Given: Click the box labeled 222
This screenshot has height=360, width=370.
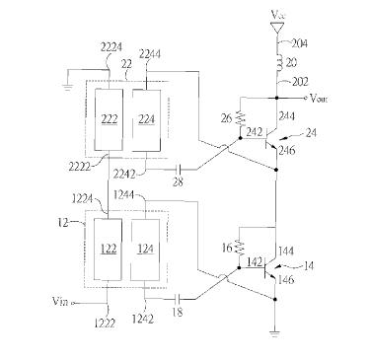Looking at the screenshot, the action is (x=109, y=119).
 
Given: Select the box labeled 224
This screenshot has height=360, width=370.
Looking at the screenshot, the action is (x=146, y=120).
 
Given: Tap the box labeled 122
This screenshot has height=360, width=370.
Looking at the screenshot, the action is (x=108, y=250).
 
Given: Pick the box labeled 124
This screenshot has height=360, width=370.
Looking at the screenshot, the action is (x=145, y=250).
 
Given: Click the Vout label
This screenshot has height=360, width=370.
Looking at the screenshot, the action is (x=319, y=99).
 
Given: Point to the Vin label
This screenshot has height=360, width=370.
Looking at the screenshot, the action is (x=60, y=301).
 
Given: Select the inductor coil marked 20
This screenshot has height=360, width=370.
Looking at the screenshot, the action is (x=279, y=63).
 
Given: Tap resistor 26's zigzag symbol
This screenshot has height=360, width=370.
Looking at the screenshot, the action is (x=241, y=118).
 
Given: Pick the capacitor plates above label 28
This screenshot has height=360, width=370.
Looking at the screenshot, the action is (x=179, y=170).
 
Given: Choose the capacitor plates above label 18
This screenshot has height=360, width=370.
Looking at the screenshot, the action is (x=178, y=299).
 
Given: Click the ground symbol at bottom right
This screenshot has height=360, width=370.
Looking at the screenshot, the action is (x=275, y=334).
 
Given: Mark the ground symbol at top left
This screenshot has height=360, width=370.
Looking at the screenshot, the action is (x=67, y=88).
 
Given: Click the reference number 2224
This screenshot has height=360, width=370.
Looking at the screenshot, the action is (x=111, y=48).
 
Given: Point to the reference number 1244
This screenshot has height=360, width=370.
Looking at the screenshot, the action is (x=124, y=195).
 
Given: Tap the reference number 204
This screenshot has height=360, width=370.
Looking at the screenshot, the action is (x=299, y=43).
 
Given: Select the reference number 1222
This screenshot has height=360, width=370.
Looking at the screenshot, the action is (x=105, y=324).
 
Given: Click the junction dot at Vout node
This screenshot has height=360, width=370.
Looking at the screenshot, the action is (x=276, y=98).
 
